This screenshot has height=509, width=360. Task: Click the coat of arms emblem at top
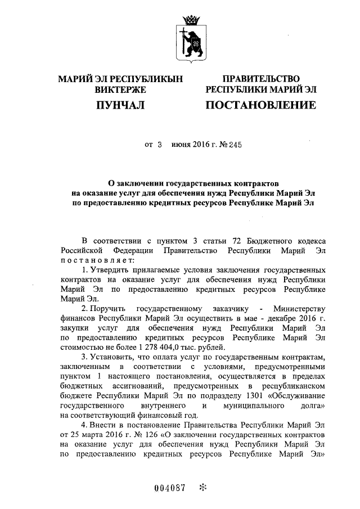pyautogui.click(x=190, y=38)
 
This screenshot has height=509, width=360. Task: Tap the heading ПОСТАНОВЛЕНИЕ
pyautogui.click(x=260, y=105)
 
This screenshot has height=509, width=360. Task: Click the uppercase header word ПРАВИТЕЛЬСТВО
pyautogui.click(x=261, y=79)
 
